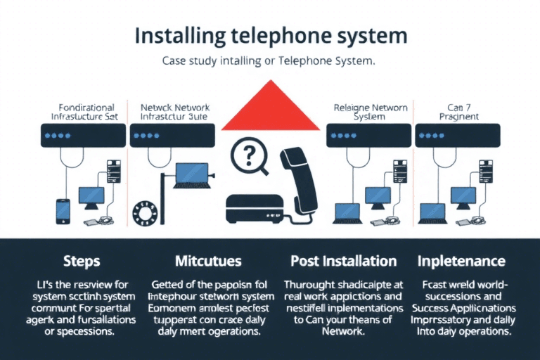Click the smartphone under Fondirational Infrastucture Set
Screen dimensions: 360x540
pos(63,210)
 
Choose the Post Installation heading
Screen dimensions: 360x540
pos(343,261)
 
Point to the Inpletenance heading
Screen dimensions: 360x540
pos(462,261)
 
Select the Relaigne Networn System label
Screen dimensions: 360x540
pos(370,112)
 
